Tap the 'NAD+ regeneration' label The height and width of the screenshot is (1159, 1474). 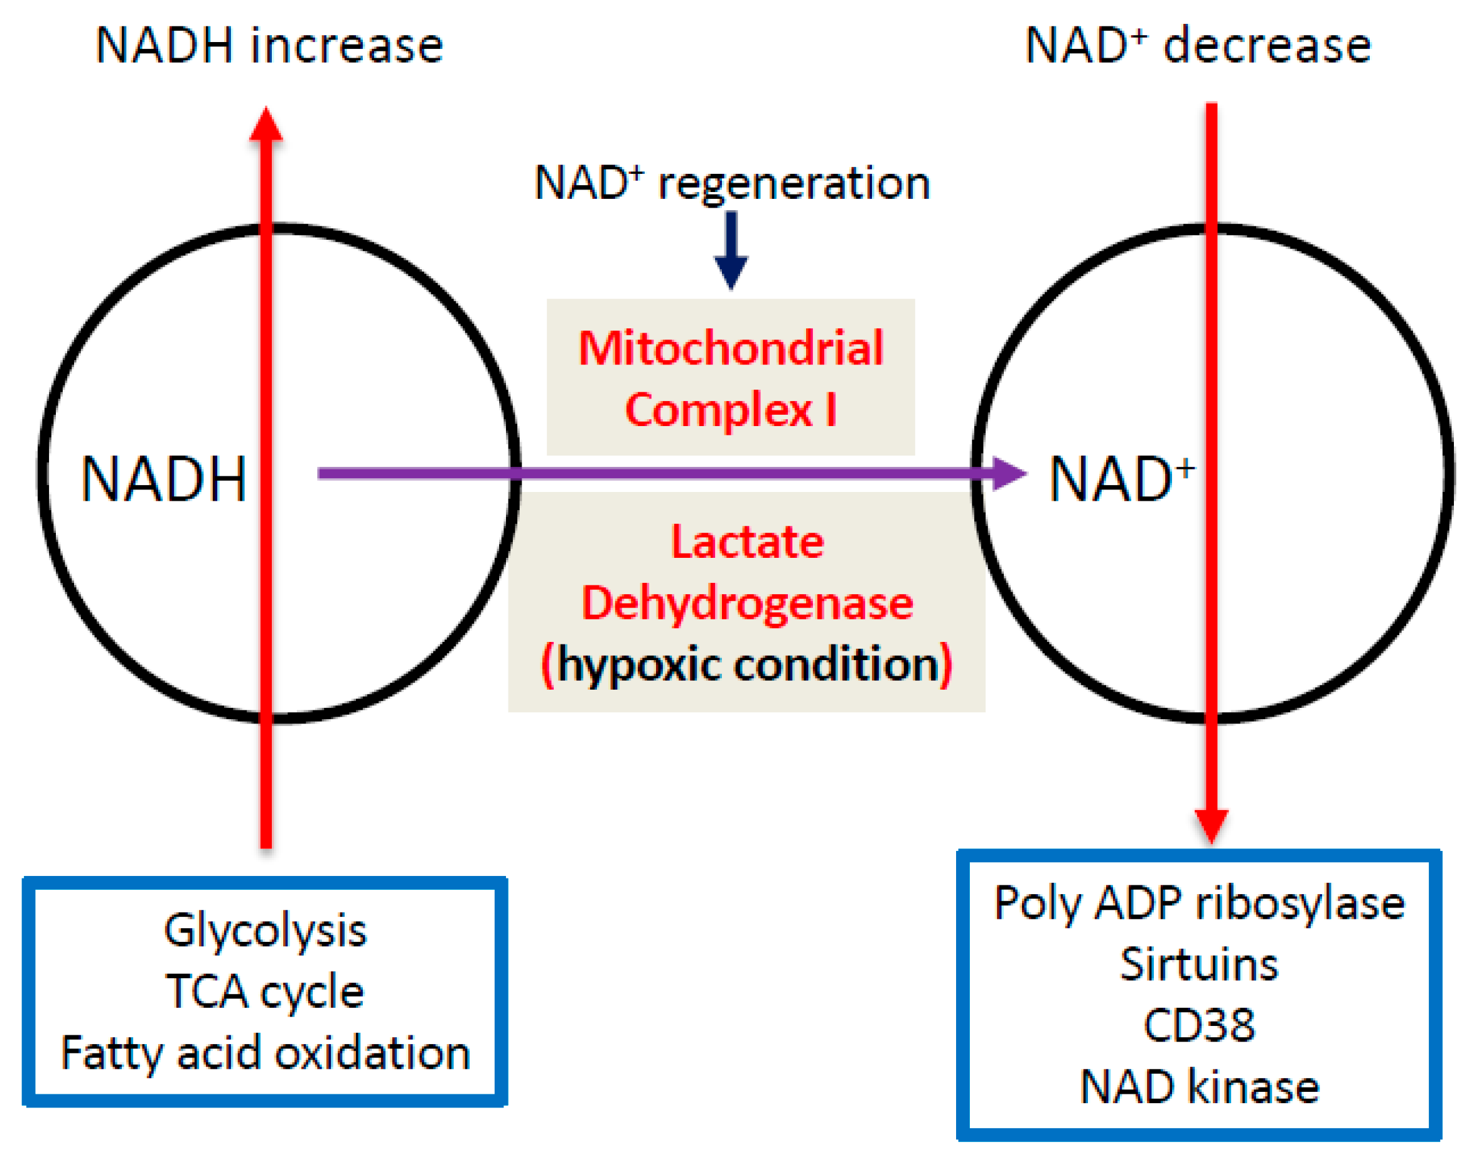coord(731,183)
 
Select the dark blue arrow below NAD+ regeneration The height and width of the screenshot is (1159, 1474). coord(731,251)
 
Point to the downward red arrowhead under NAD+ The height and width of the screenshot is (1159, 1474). coord(1210,825)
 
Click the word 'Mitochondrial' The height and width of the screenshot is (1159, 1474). coord(731,348)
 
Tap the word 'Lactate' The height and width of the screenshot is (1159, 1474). coord(747,542)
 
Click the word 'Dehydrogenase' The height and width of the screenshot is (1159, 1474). coord(747,602)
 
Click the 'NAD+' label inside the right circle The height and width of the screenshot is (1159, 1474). coord(1121,479)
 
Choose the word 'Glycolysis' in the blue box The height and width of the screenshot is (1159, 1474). coord(265,929)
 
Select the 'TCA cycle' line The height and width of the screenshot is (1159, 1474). coord(265,991)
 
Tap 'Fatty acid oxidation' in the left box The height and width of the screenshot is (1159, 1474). coord(265,1052)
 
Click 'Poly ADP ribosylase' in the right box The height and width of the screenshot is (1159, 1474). coord(1198,902)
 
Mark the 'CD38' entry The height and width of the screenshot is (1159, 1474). coord(1198,1025)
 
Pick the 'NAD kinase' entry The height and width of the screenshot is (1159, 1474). coord(1198,1086)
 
